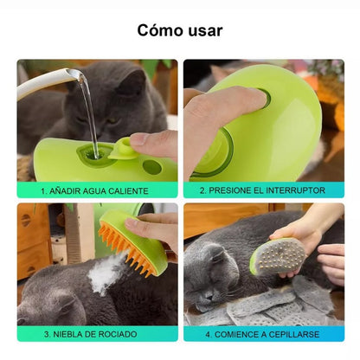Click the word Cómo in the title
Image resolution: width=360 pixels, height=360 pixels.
coord(158,30)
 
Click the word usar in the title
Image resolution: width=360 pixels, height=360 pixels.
coord(203,30)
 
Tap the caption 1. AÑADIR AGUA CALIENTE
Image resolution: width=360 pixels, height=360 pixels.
coord(97,190)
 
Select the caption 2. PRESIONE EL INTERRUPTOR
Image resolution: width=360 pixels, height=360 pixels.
coord(262,190)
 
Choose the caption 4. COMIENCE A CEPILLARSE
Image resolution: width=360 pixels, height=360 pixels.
coord(262,333)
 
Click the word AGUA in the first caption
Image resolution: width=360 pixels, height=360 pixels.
coord(96,190)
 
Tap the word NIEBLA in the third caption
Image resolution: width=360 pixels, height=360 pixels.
coord(74,333)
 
